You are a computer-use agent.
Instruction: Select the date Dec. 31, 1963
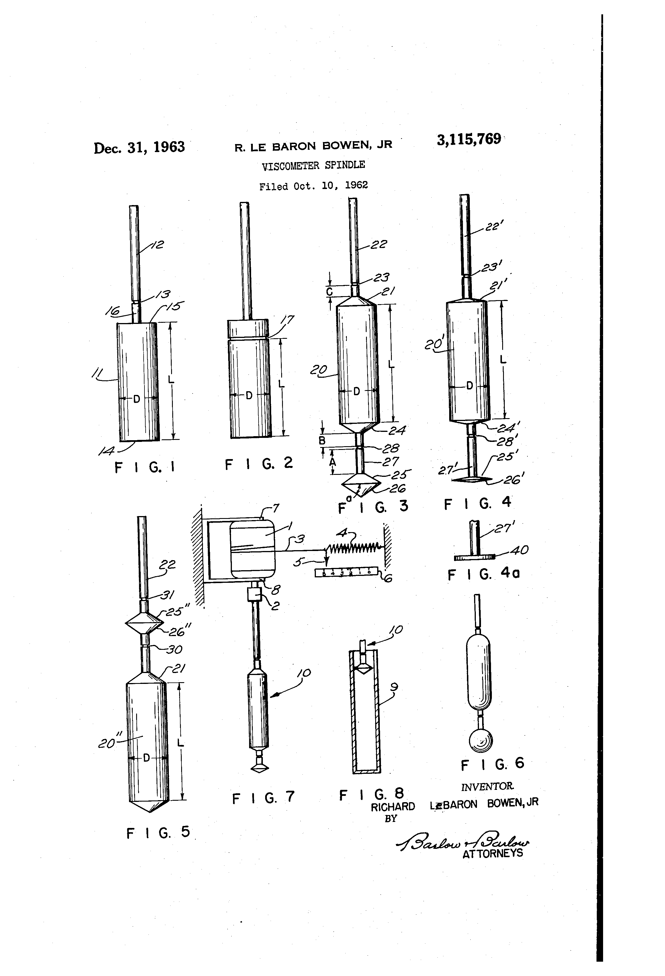tap(139, 147)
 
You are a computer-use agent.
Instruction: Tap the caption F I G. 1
tap(144, 467)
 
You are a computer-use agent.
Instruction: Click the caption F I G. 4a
tap(483, 574)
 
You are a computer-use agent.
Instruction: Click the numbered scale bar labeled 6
tap(347, 572)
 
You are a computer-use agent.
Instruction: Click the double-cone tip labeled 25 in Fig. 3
tap(359, 485)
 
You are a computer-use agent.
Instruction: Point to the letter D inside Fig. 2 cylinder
tap(249, 395)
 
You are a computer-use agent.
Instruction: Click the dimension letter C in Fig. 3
tap(330, 292)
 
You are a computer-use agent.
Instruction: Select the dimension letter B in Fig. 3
tap(322, 440)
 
